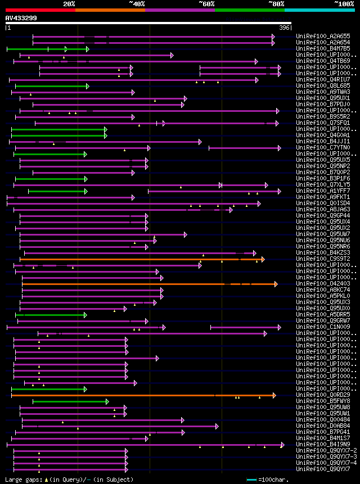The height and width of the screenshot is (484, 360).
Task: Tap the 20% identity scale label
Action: pyautogui.click(x=69, y=4)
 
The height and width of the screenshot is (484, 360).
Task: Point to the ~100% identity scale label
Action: pyautogui.click(x=343, y=4)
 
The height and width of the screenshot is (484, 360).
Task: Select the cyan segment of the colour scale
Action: pyautogui.click(x=319, y=10)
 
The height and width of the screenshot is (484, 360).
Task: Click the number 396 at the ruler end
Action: pyautogui.click(x=284, y=28)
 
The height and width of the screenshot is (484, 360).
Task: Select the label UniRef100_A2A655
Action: pyautogui.click(x=323, y=36)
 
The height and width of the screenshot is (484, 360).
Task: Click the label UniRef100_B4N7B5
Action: pyautogui.click(x=323, y=48)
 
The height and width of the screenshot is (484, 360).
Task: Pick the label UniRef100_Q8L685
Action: pyautogui.click(x=323, y=85)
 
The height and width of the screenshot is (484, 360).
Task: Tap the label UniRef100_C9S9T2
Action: pyautogui.click(x=323, y=259)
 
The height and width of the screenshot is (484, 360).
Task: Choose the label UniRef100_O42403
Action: pyautogui.click(x=323, y=283)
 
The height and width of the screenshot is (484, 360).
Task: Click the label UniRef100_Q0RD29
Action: pyautogui.click(x=323, y=395)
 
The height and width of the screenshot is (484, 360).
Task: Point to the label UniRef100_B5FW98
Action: pyautogui.click(x=323, y=401)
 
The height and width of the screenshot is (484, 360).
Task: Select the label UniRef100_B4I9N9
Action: pyautogui.click(x=323, y=444)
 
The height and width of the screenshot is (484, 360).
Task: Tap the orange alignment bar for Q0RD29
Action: pyautogui.click(x=141, y=395)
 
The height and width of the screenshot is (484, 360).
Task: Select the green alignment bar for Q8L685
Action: pyautogui.click(x=51, y=86)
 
